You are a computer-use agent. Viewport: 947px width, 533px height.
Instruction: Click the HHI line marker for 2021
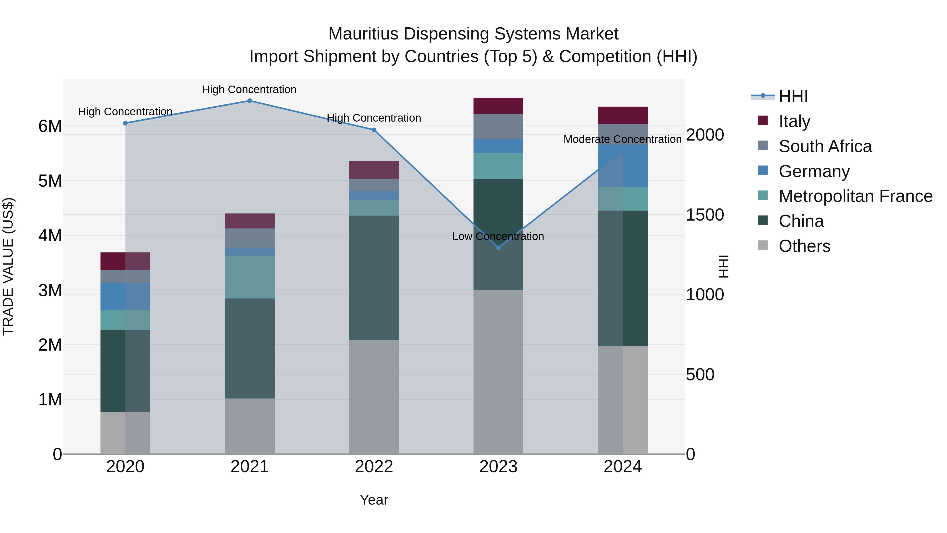(x=250, y=101)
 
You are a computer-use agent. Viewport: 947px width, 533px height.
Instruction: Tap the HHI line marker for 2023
(x=498, y=248)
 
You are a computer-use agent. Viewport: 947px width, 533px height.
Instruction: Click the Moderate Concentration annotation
(x=622, y=140)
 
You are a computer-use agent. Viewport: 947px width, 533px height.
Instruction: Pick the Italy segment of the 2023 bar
(x=498, y=106)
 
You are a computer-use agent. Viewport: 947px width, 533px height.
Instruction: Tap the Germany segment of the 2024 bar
(x=622, y=166)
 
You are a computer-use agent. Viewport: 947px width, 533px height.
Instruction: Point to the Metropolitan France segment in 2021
(x=250, y=277)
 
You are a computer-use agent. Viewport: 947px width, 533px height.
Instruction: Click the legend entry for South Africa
(x=825, y=146)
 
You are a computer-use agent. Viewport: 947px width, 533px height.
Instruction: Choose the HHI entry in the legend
(x=793, y=96)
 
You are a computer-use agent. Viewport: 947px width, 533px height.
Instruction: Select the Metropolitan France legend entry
(x=855, y=196)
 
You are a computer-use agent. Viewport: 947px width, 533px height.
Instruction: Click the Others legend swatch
(x=763, y=245)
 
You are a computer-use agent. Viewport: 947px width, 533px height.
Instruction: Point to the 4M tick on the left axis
(x=50, y=235)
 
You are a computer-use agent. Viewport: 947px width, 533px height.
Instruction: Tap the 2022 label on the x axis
(x=374, y=467)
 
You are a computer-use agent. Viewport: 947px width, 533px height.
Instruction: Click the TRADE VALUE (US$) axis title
(x=8, y=266)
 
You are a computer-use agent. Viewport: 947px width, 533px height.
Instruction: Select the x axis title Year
(x=374, y=500)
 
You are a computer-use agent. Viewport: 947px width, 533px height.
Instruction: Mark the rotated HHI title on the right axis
(x=723, y=266)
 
